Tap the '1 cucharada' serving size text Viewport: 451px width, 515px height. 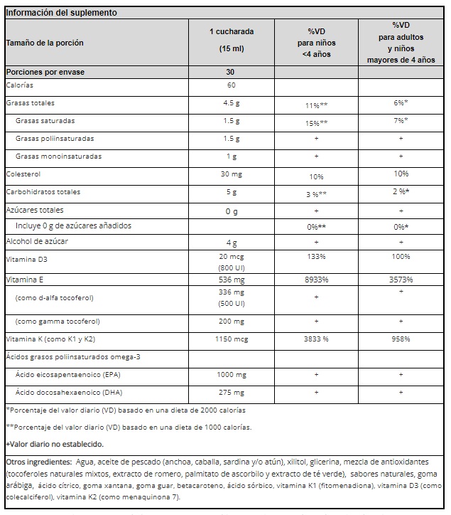[231, 32]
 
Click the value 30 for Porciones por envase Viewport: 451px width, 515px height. [230, 72]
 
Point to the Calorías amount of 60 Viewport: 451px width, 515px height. [231, 86]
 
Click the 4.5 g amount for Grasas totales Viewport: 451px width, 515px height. [231, 103]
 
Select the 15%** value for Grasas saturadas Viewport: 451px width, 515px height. [315, 122]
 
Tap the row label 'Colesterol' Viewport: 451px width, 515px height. [23, 174]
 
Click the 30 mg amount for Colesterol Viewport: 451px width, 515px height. [231, 174]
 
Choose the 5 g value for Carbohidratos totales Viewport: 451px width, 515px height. [231, 192]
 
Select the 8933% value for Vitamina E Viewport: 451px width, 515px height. [315, 280]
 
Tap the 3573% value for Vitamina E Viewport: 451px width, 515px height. [401, 280]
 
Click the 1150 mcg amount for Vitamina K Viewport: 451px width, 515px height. [231, 339]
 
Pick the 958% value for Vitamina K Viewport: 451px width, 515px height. [401, 339]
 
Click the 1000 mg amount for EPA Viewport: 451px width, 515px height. [231, 374]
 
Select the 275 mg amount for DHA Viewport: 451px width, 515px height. [231, 393]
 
